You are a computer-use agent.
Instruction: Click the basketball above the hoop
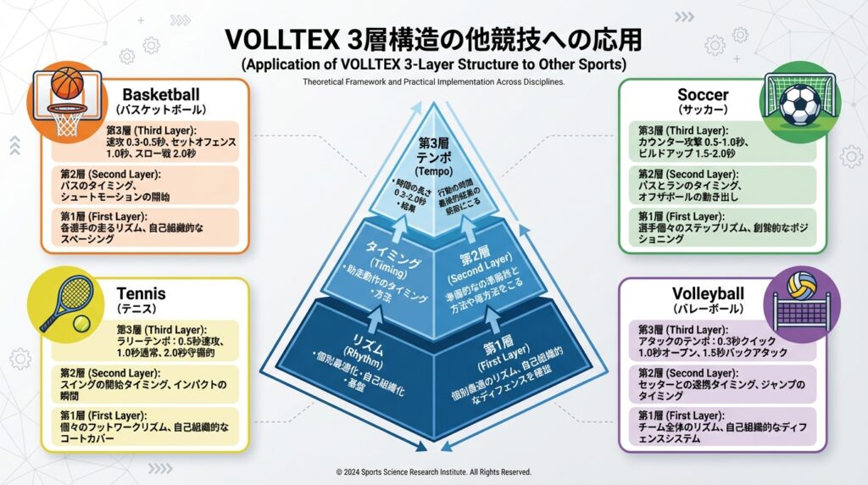[x=67, y=83]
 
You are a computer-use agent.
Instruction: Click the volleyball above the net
[x=800, y=286]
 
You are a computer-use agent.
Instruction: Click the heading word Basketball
[x=161, y=94]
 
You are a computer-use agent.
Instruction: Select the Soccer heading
[x=703, y=94]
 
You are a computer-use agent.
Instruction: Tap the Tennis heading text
[x=141, y=295]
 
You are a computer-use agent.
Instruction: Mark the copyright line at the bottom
[x=433, y=471]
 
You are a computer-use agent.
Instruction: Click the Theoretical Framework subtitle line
[x=433, y=82]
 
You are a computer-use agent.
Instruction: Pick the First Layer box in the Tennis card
[x=149, y=425]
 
